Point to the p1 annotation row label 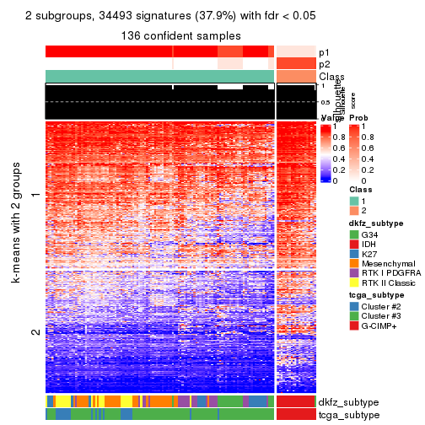tap(325, 51)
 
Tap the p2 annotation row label tap(325, 64)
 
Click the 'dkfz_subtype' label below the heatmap tap(349, 401)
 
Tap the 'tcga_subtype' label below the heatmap tap(348, 414)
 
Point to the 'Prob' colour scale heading tap(359, 117)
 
